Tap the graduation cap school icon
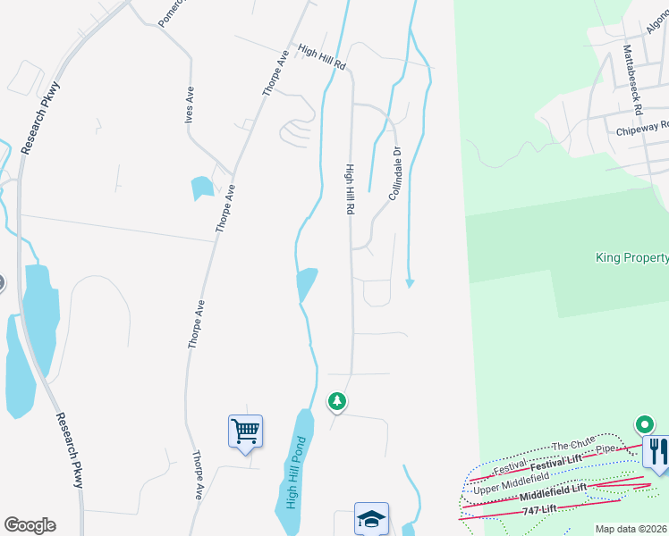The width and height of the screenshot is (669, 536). [x=371, y=518]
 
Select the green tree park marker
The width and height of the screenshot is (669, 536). [x=337, y=402]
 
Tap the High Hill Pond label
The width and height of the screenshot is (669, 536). [x=296, y=473]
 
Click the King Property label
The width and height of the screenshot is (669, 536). [x=632, y=258]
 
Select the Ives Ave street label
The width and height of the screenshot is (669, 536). [x=190, y=105]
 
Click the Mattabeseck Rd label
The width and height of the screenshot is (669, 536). [x=631, y=81]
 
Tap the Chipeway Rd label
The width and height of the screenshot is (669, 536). [x=642, y=129]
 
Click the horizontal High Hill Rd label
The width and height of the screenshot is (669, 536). [x=321, y=59]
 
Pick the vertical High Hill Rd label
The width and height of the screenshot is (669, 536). [x=351, y=188]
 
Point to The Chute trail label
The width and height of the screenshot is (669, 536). [x=573, y=446]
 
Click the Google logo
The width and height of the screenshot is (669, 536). [x=30, y=525]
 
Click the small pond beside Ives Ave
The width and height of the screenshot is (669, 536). [x=202, y=188]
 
